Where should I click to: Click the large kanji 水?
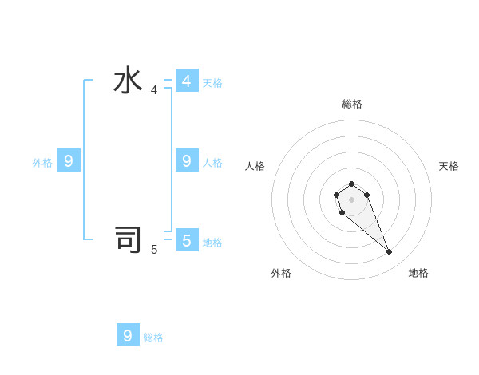tap(128, 81)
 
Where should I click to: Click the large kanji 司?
tap(128, 239)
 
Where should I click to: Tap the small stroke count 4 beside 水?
tap(154, 90)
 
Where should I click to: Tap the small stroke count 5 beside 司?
tap(154, 250)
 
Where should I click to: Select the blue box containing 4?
tap(187, 81)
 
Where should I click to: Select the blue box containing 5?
tap(187, 239)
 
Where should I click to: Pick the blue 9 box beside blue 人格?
tap(187, 160)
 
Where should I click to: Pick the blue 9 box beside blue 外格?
tap(69, 160)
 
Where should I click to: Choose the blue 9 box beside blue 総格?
tap(128, 335)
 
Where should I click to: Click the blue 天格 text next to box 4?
tap(212, 83)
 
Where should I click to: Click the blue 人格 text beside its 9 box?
tap(212, 163)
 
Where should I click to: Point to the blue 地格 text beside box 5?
tap(212, 243)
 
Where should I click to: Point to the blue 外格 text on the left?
tap(42, 163)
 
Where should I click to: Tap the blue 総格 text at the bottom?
tap(153, 338)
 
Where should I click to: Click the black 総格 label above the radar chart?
tap(351, 104)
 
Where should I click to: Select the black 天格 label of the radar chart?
tap(449, 166)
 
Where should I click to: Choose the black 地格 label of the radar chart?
tap(418, 273)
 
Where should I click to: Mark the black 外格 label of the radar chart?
tap(281, 273)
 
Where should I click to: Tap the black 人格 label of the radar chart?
tap(255, 166)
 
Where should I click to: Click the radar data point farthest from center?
tap(389, 252)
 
